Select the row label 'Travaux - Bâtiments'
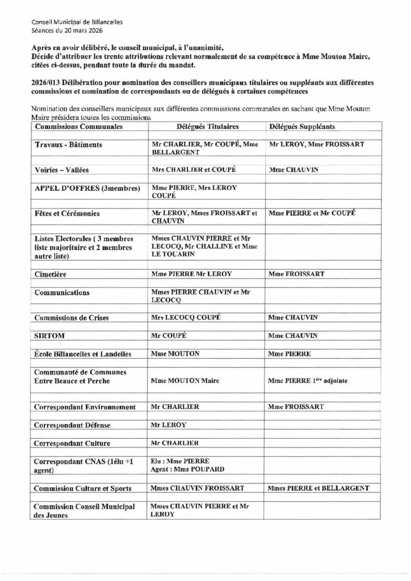click(69, 145)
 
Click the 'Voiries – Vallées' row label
click(62, 170)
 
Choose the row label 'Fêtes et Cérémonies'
click(67, 213)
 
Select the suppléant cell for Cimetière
click(296, 274)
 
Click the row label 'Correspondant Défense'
click(72, 425)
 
